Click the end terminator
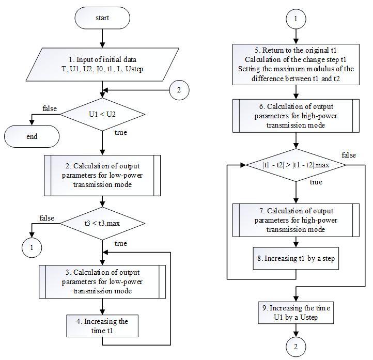32,137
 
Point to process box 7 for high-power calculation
295,220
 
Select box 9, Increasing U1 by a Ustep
295,313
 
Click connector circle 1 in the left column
31,247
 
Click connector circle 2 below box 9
295,345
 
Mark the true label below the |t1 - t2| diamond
316,182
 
